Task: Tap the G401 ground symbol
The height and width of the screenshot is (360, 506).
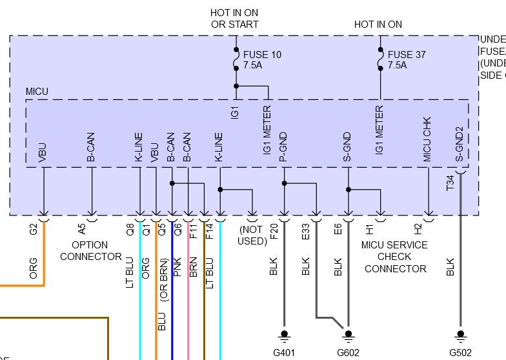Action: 283,335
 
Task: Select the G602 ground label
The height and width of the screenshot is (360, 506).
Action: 349,353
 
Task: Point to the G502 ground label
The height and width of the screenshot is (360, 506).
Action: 460,353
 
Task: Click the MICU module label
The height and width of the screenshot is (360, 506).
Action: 37,92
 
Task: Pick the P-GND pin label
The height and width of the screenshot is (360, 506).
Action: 283,146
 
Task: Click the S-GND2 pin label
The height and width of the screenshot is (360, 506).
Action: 460,143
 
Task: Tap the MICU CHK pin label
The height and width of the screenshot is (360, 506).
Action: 427,139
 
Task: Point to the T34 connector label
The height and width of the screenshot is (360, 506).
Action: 450,183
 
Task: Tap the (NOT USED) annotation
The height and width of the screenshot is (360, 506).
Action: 252,235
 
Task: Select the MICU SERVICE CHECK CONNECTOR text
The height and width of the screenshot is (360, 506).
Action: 394,257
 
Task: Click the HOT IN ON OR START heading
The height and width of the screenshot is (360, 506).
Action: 234,18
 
